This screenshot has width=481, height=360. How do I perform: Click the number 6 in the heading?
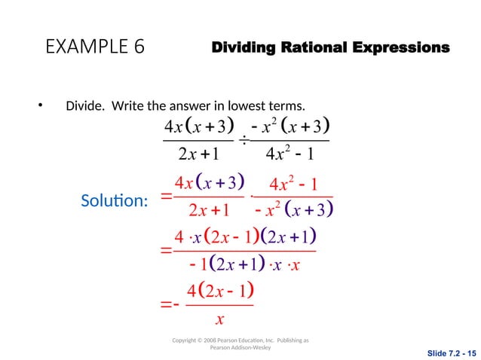tap(139, 47)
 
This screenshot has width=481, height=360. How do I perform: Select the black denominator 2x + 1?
tap(198, 155)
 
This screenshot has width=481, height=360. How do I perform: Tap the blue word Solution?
tap(113, 201)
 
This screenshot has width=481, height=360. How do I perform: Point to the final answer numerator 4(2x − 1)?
tap(219, 291)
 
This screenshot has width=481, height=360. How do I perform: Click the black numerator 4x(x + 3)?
tap(198, 124)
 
